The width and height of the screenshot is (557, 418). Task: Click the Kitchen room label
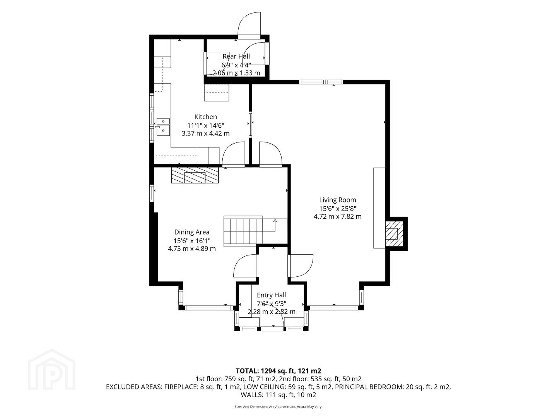(205, 117)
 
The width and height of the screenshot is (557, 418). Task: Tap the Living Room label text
(338, 200)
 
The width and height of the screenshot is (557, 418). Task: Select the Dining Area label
(192, 232)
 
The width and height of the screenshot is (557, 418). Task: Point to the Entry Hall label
(271, 295)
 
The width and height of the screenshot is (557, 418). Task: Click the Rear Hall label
(236, 57)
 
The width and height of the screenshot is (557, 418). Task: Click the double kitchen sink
(163, 127)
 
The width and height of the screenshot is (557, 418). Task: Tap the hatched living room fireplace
(394, 234)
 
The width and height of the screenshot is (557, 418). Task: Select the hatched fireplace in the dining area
(195, 175)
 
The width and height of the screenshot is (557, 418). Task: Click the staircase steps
(243, 231)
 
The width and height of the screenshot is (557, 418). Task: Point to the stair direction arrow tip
(275, 220)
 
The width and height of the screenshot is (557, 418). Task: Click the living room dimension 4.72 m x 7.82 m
(338, 216)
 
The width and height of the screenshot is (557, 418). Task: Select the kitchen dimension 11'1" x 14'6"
(205, 125)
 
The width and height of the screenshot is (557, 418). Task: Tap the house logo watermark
(51, 370)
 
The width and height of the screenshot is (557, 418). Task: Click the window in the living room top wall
(321, 82)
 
